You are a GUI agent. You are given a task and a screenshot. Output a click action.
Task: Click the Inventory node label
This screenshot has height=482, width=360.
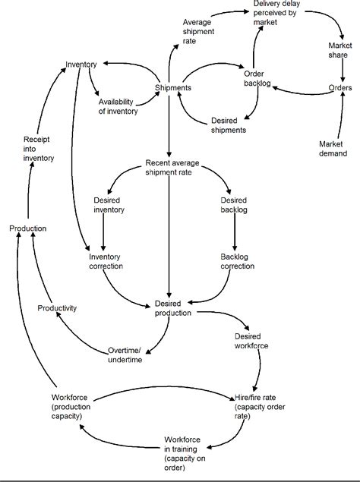click(81, 63)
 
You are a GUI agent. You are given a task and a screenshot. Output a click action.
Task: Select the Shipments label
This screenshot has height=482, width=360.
click(172, 88)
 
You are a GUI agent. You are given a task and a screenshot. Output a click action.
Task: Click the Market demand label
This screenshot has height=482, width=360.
click(331, 148)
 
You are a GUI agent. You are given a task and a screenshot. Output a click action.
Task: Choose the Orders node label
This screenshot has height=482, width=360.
click(339, 87)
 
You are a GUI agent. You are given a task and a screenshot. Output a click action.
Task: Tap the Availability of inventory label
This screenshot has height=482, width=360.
click(118, 106)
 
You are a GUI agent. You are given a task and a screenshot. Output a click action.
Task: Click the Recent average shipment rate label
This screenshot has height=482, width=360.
click(171, 168)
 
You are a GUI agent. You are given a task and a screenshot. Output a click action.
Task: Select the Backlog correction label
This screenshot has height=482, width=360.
click(238, 261)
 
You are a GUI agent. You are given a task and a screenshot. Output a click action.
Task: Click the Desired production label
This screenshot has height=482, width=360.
click(172, 308)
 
